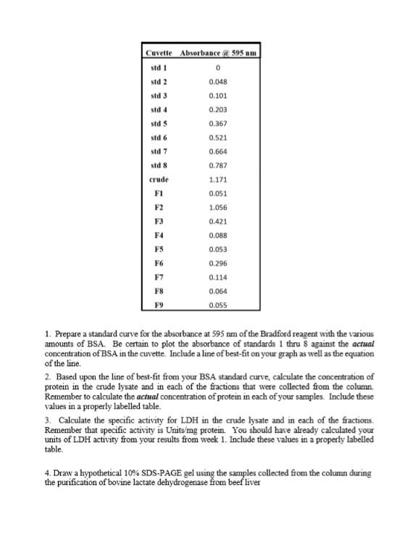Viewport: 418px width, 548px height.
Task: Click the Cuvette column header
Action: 157,53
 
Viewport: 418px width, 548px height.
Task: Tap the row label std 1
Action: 157,67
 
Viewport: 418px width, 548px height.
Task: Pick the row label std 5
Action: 157,123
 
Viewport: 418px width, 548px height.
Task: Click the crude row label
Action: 157,179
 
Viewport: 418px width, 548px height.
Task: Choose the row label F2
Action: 157,207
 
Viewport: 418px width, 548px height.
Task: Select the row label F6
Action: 157,263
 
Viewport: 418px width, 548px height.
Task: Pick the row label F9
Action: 157,305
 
